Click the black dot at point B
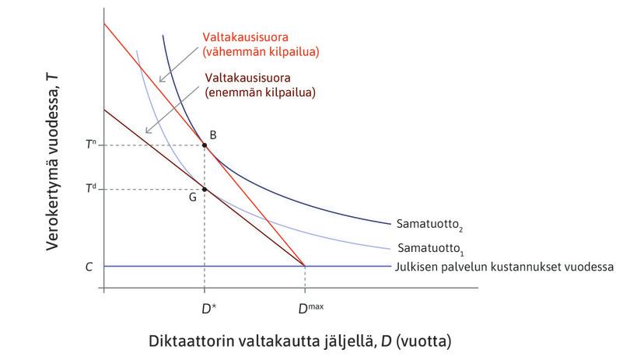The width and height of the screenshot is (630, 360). [204, 145]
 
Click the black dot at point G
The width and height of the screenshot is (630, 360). [204, 189]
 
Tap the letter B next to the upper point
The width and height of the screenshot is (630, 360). [212, 135]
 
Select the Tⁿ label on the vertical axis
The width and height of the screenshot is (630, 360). [91, 145]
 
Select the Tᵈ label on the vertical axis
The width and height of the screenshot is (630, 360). [91, 189]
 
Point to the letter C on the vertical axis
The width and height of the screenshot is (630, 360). [90, 266]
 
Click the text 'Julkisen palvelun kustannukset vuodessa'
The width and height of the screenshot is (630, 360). [505, 266]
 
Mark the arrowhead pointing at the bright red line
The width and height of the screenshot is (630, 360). [158, 80]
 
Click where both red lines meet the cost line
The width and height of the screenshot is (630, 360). [304, 266]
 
